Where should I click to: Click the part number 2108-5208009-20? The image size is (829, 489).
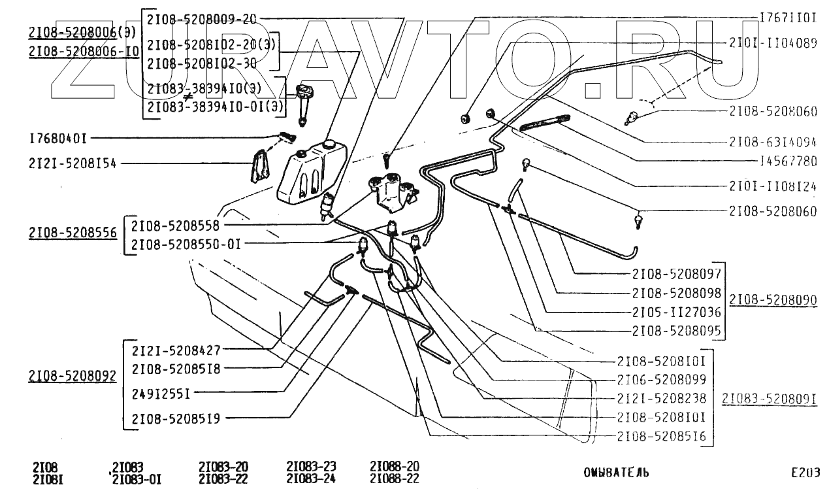(201, 19)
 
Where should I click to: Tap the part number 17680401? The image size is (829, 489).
(58, 139)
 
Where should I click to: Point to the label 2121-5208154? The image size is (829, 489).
(73, 163)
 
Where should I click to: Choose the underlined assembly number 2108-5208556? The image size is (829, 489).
(73, 232)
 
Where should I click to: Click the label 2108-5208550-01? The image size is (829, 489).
(186, 244)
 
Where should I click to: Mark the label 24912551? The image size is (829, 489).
(160, 394)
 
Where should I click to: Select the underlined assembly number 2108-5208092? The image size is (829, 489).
(73, 376)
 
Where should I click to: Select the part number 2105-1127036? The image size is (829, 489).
(676, 312)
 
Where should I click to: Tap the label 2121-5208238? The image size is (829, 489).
(660, 397)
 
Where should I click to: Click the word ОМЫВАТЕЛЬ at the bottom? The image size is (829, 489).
(617, 472)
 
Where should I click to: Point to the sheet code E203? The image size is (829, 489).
(804, 472)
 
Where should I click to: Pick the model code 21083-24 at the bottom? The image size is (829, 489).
(311, 479)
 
